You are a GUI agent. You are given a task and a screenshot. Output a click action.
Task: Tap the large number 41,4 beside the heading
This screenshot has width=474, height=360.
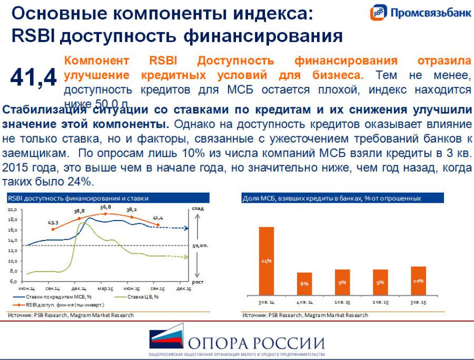click(x=33, y=77)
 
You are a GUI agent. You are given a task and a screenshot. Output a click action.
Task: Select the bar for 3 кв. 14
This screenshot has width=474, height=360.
click(x=266, y=261)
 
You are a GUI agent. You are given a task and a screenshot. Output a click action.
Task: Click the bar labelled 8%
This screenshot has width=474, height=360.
click(x=304, y=284)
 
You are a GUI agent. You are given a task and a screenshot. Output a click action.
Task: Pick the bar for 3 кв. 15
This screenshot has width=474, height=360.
click(x=419, y=281)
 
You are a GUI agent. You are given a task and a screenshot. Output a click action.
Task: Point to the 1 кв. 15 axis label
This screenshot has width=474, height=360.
click(x=342, y=303)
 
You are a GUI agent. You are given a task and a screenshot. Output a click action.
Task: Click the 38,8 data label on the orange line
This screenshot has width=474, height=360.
click(x=79, y=211)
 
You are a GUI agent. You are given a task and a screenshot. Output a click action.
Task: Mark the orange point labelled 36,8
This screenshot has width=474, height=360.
click(x=105, y=214)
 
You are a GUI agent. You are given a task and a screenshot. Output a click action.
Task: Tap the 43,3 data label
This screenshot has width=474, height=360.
click(x=53, y=223)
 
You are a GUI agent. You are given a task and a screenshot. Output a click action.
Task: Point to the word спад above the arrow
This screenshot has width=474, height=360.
click(x=198, y=209)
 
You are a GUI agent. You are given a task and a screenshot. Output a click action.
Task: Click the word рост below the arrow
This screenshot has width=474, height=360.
click(x=197, y=282)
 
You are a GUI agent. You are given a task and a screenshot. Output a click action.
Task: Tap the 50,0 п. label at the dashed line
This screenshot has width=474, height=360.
click(x=201, y=246)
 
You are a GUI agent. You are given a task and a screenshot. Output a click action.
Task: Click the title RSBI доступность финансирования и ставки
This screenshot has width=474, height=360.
click(x=78, y=198)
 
